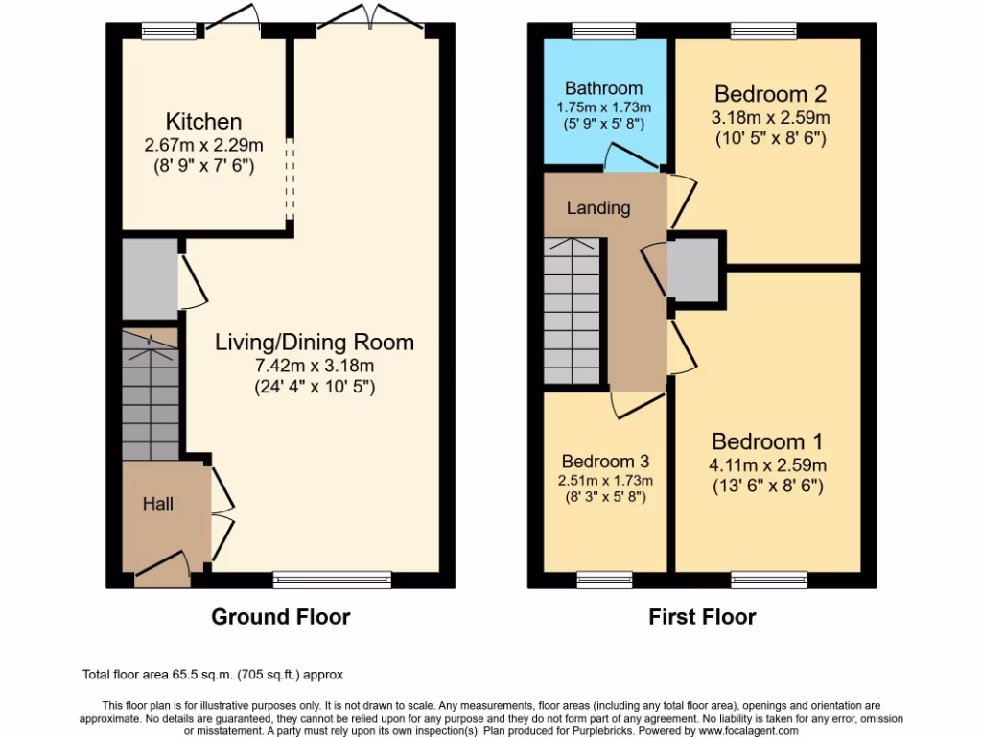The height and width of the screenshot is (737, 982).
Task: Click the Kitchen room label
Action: tap(203, 122)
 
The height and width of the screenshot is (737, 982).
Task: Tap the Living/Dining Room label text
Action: tap(315, 342)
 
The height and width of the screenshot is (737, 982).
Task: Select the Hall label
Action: tap(158, 503)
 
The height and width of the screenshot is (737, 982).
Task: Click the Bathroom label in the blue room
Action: tap(603, 88)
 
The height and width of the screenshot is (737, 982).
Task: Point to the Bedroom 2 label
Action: tap(770, 94)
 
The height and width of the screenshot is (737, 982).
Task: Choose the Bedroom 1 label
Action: tap(767, 442)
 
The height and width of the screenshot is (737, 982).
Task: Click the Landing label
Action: tap(598, 207)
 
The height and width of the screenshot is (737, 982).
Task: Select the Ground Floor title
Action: tap(280, 617)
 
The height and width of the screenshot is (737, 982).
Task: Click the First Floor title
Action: tap(702, 617)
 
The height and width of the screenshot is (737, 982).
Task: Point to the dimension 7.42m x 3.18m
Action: tap(315, 366)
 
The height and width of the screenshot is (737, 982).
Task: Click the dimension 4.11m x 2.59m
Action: tap(767, 465)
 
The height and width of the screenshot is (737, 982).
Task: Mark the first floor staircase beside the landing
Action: tap(572, 310)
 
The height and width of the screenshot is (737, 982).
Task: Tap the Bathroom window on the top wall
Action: tap(599, 31)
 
